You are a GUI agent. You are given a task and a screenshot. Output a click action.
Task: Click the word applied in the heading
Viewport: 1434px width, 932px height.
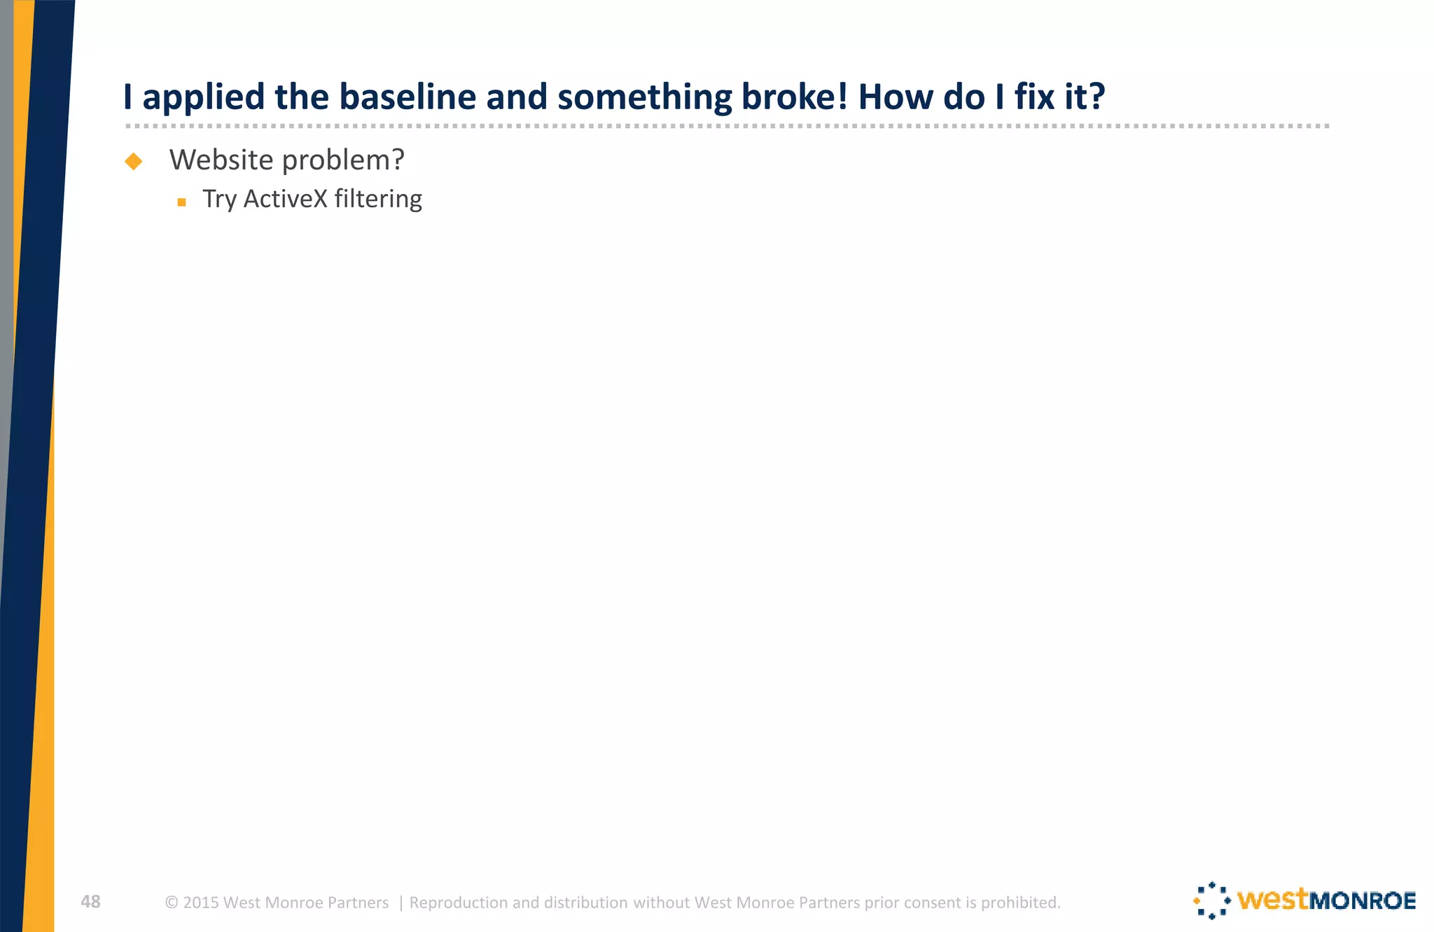pos(203,98)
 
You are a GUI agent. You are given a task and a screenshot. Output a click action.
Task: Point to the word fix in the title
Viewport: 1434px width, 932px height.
pos(1034,97)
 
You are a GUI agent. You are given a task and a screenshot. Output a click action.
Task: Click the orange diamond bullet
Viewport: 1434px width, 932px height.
pos(133,162)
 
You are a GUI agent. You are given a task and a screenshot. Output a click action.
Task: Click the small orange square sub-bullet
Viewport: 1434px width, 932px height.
pos(181,202)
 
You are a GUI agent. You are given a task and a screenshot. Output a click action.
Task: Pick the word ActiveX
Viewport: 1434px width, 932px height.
pos(285,199)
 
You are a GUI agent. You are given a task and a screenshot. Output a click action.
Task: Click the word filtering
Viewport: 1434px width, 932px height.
pos(378,200)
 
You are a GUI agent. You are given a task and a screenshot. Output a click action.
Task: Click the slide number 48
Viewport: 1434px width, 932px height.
pos(90,902)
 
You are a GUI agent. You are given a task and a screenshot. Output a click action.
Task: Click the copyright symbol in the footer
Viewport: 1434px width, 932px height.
pos(171,903)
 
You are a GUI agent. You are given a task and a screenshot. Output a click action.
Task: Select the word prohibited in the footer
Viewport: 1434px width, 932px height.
pos(1020,903)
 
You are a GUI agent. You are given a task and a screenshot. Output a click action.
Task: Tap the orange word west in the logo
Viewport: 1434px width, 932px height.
pos(1272,900)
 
